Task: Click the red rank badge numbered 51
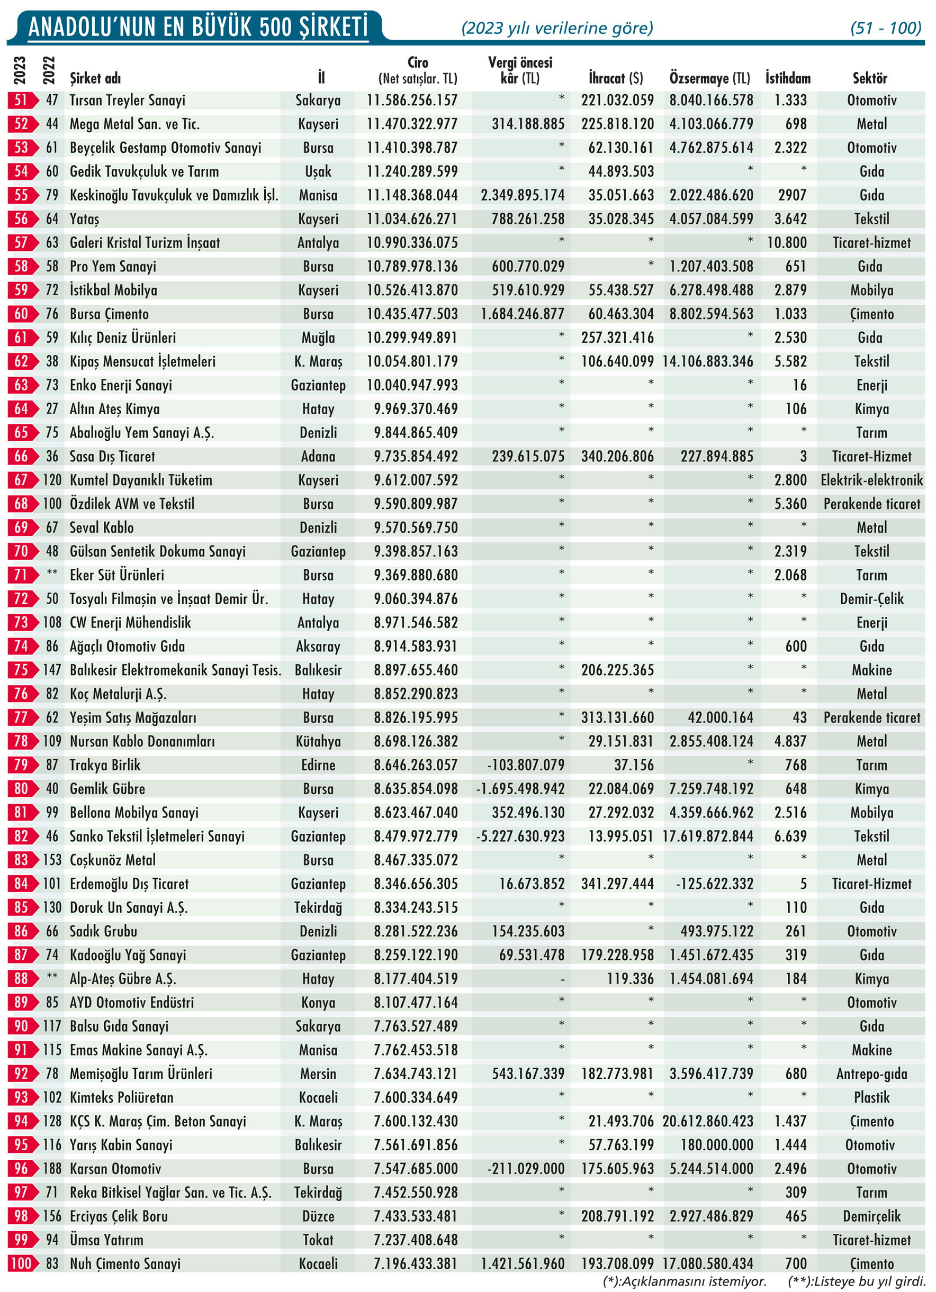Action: (21, 101)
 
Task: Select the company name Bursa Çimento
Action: (109, 314)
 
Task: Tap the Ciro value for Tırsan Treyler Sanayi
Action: (411, 101)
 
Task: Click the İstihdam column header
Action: (787, 78)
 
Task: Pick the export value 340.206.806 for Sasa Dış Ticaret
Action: (617, 456)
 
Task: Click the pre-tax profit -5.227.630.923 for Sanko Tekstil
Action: (520, 836)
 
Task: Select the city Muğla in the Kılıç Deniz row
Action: (318, 338)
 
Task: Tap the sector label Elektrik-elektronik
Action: (871, 480)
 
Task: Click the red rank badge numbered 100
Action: (21, 1263)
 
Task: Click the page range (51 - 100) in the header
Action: (885, 28)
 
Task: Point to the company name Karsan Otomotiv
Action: (115, 1168)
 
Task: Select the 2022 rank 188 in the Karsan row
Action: (52, 1168)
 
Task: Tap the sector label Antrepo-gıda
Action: (871, 1074)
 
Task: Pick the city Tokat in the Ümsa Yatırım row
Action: (318, 1240)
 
